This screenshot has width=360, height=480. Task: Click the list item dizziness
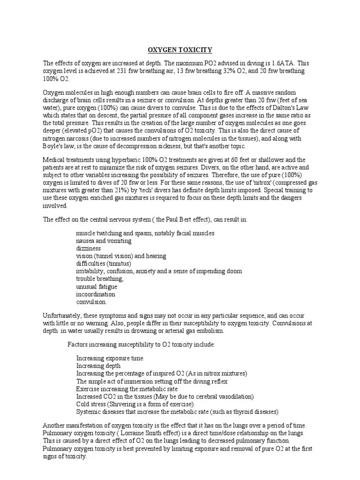89,248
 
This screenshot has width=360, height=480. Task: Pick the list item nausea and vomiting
104,241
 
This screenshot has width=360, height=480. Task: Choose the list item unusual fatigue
97,286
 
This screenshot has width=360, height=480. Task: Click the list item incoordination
96,294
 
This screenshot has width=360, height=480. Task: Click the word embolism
211,331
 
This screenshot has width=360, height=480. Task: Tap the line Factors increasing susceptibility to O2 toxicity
141,345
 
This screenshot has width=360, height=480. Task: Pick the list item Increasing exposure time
110,359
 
